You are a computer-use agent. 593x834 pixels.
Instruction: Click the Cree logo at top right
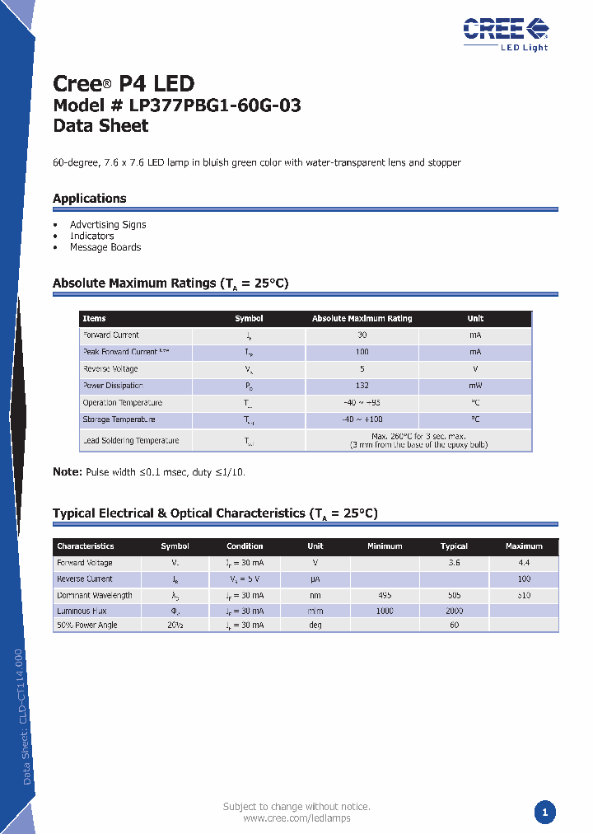tap(505, 31)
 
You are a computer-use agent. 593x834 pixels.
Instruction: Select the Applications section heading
tap(90, 199)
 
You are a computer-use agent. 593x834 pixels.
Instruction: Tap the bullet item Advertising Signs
tap(108, 224)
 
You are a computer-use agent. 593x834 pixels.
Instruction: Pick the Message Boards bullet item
tap(105, 247)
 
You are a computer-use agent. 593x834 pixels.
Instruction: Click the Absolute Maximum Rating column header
tap(362, 318)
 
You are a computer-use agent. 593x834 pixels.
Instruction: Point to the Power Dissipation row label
tap(113, 386)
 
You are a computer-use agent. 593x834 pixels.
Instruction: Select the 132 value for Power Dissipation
tap(362, 386)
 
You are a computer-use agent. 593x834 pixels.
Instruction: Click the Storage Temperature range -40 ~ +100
tap(362, 419)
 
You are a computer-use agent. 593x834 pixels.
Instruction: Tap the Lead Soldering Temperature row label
tap(130, 441)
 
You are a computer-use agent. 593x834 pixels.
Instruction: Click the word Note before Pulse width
tap(66, 472)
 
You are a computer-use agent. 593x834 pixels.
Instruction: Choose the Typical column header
tap(454, 546)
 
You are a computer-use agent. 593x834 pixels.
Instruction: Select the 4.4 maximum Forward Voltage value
tap(524, 563)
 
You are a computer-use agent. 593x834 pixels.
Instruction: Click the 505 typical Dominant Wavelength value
tap(454, 595)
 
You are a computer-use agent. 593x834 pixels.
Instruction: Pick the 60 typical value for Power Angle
tap(454, 625)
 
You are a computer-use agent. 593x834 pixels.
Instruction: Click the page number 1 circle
tap(544, 812)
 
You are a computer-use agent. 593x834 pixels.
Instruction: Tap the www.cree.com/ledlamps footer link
tap(296, 818)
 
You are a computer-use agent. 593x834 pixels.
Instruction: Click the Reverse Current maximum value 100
tap(524, 579)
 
